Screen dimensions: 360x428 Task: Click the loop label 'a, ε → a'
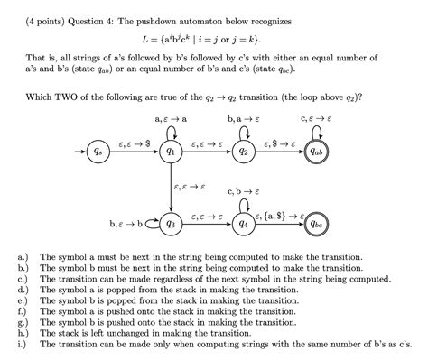point(171,118)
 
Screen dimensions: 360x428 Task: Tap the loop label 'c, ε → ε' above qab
point(316,118)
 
